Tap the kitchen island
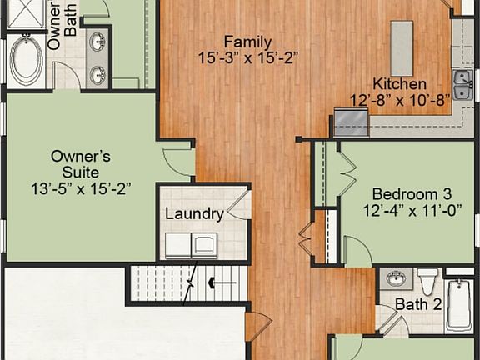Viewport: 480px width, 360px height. (402, 47)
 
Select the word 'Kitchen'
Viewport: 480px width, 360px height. (399, 84)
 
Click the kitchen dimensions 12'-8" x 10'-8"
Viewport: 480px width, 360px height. (399, 101)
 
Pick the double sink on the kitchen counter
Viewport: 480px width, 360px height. (462, 83)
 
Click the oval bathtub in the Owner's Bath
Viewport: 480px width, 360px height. (26, 60)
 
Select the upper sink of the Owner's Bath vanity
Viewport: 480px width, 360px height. (97, 41)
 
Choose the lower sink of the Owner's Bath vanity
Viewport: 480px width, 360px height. (97, 74)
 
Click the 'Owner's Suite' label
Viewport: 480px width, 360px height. (81, 156)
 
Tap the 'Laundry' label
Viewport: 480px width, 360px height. (193, 214)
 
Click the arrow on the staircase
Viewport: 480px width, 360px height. (221, 283)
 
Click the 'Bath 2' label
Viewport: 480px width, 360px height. (418, 304)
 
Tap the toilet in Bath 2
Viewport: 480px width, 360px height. (427, 280)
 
